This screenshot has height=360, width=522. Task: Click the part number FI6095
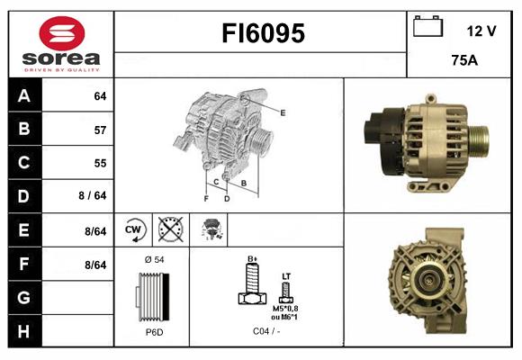pyautogui.click(x=264, y=34)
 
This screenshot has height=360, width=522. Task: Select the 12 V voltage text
pyautogui.click(x=481, y=31)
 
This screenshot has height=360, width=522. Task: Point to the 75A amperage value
pyautogui.click(x=463, y=61)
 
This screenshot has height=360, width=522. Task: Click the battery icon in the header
pyautogui.click(x=427, y=27)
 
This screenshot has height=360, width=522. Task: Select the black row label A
pyautogui.click(x=23, y=96)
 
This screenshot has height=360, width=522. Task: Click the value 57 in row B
pyautogui.click(x=99, y=130)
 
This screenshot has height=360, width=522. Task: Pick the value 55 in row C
pyautogui.click(x=99, y=163)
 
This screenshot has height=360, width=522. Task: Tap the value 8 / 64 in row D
pyautogui.click(x=94, y=196)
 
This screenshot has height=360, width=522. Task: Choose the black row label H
pyautogui.click(x=23, y=330)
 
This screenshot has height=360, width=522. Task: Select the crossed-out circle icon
pyautogui.click(x=170, y=229)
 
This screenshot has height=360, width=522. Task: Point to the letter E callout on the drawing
pyautogui.click(x=283, y=112)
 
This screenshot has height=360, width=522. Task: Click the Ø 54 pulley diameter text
pyautogui.click(x=154, y=261)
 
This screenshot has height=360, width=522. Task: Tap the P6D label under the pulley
pyautogui.click(x=154, y=332)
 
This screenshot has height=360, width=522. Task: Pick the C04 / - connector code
pyautogui.click(x=266, y=332)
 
